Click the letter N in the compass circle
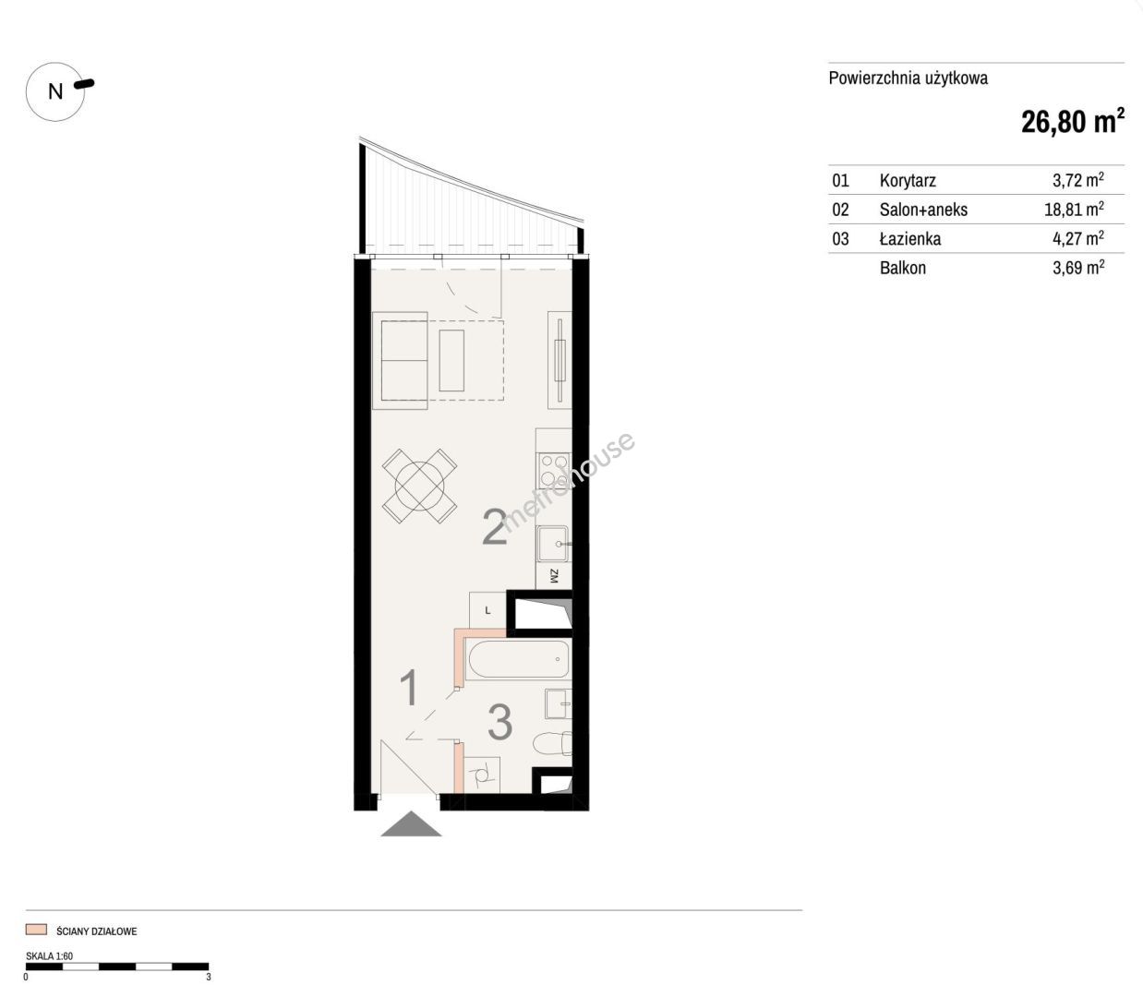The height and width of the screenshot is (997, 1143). point(55,91)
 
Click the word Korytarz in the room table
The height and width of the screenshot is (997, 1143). point(908,180)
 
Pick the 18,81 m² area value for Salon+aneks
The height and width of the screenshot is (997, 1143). point(1074,210)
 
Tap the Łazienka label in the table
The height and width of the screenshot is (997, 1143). point(910,238)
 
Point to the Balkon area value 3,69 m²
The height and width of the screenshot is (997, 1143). point(1078,268)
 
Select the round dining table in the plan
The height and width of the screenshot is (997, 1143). point(419,486)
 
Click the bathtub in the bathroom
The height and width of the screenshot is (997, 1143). point(517,659)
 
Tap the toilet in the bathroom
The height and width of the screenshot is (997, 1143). point(552,743)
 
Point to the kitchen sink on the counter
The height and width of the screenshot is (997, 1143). point(552,544)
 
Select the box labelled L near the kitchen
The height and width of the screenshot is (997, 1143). point(487,610)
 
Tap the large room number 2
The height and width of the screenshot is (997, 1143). point(495,527)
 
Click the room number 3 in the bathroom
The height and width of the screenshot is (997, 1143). point(500,722)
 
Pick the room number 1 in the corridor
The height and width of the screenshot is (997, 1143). point(410,688)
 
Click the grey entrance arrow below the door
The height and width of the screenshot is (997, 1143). point(411,823)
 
